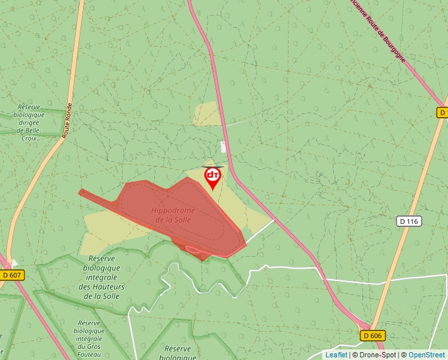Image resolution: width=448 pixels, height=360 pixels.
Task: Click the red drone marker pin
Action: [213, 176]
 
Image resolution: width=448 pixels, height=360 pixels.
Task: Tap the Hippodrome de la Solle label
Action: [171, 215]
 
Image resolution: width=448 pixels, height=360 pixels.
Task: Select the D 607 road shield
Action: [12, 275]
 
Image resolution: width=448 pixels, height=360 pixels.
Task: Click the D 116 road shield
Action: [408, 221]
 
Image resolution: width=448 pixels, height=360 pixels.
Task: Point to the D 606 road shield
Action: [372, 336]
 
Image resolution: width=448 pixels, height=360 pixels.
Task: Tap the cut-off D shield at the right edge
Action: [443, 113]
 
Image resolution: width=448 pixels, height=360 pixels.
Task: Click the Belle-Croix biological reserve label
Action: [29, 122]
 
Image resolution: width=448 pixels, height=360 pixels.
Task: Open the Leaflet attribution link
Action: [336, 355]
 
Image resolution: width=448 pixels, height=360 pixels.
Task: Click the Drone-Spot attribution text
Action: [378, 355]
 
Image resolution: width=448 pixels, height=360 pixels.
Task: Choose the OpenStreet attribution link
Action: [426, 355]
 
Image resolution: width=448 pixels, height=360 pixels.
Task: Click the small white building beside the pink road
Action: [222, 146]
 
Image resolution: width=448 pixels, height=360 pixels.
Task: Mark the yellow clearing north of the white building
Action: [208, 113]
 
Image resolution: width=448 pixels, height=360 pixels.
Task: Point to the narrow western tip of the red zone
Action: [83, 192]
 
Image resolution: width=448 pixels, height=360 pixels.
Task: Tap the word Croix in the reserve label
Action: [29, 139]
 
